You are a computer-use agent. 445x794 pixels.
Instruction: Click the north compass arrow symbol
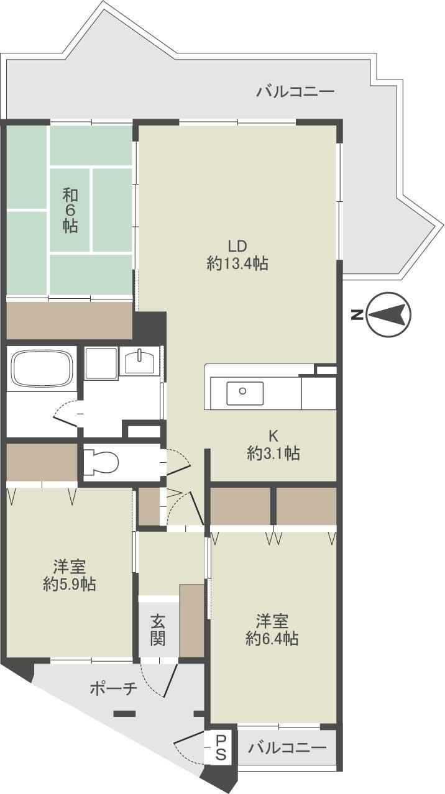click(388, 314)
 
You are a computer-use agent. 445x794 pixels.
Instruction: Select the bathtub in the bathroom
click(42, 369)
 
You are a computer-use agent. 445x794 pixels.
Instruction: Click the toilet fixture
click(102, 461)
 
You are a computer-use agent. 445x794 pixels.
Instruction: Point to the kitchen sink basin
click(245, 393)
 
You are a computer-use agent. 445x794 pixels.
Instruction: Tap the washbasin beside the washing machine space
click(139, 362)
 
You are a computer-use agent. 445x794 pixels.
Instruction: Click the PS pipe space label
click(220, 747)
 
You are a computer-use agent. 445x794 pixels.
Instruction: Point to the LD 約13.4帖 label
click(237, 255)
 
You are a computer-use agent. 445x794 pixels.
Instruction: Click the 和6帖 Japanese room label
click(70, 211)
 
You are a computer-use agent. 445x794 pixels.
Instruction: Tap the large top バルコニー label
click(295, 91)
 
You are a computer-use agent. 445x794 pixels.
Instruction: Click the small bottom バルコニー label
click(287, 747)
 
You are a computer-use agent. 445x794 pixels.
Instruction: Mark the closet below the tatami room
click(70, 320)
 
